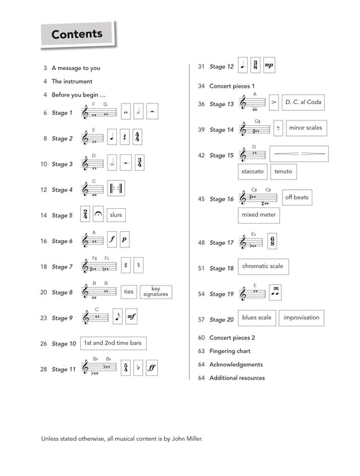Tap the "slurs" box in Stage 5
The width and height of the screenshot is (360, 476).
click(x=118, y=215)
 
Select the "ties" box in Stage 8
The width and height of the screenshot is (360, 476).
click(x=129, y=292)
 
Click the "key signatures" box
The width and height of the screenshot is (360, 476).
click(x=155, y=292)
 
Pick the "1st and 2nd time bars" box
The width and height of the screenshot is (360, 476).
click(x=113, y=343)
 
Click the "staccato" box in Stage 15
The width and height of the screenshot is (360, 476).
click(x=252, y=171)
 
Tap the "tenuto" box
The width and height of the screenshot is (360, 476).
click(x=283, y=171)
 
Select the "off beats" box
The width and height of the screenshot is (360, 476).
click(x=297, y=197)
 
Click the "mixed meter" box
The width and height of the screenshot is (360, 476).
click(x=258, y=216)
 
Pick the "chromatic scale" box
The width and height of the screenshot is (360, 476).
click(x=262, y=267)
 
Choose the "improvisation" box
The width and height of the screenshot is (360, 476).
click(x=301, y=318)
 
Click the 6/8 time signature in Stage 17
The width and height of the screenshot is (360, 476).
click(x=272, y=241)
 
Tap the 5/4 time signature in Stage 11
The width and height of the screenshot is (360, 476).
click(x=126, y=369)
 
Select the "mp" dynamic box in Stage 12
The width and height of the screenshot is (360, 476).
click(x=269, y=66)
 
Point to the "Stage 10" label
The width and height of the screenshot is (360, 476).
click(x=62, y=343)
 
